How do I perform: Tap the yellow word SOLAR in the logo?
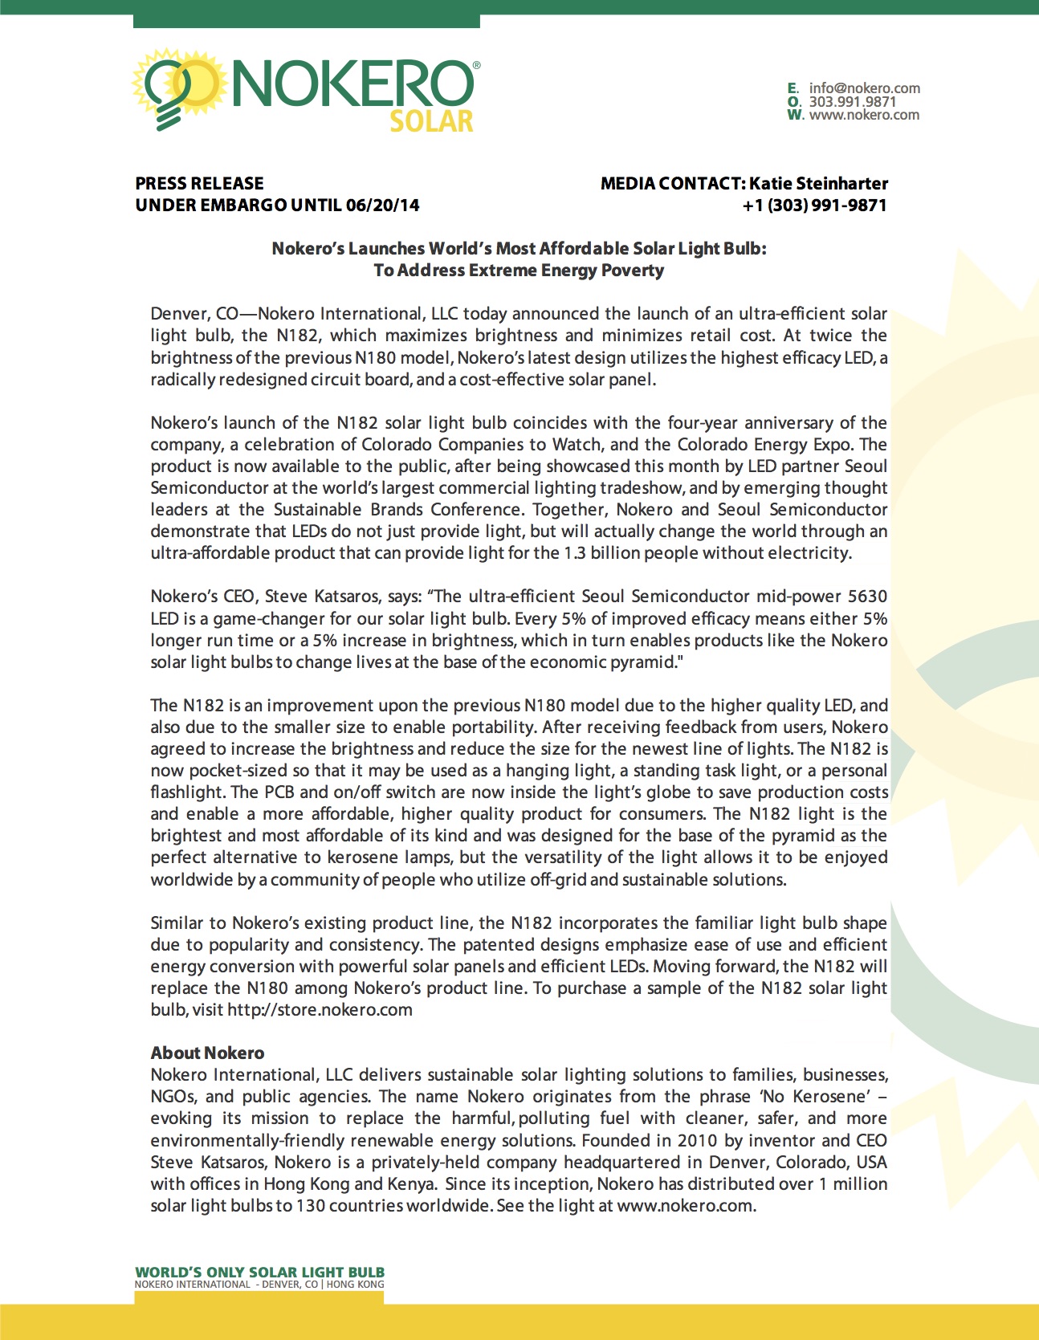(431, 121)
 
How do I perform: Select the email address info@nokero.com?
(864, 88)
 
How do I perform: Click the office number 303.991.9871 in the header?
(852, 102)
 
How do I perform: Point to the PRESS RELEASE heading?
(199, 184)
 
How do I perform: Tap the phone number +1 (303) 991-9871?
(814, 206)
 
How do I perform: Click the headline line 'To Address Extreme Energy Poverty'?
(519, 271)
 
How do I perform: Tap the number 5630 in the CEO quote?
(867, 597)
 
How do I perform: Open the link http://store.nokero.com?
(320, 1010)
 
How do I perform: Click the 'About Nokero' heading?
(207, 1053)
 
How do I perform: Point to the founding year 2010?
(697, 1141)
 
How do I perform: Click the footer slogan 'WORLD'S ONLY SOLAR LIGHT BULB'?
(259, 1273)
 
